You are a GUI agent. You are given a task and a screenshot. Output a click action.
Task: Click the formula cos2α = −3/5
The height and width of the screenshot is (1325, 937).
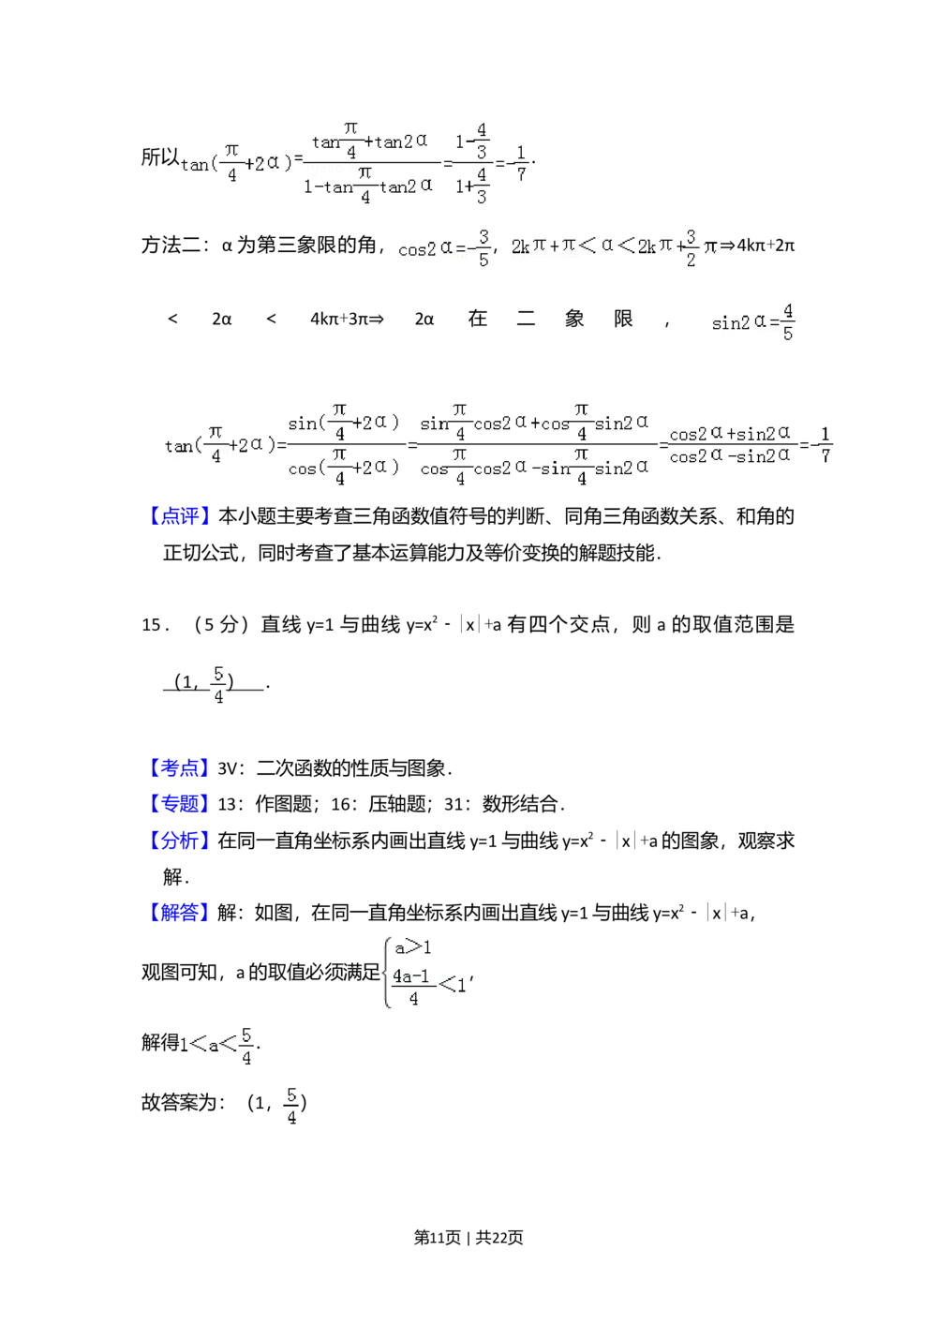tap(441, 247)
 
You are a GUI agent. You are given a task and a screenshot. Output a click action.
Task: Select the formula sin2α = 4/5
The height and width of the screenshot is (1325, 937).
tap(753, 322)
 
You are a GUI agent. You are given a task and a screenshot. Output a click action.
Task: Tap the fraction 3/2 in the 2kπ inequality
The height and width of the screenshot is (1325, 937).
tap(691, 247)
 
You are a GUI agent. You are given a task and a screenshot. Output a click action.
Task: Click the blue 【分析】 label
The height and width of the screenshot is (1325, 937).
tap(179, 840)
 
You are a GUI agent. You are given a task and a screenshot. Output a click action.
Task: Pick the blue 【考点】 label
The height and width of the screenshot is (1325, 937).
tap(179, 768)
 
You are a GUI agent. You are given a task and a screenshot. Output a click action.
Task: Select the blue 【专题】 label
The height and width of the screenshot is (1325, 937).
tap(179, 804)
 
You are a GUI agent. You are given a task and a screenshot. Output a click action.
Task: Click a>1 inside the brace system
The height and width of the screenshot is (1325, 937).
tap(412, 947)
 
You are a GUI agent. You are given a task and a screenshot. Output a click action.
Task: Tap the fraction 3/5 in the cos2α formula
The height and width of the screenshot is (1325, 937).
tap(483, 247)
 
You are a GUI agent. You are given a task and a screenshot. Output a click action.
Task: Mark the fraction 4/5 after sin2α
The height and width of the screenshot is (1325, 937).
tap(788, 322)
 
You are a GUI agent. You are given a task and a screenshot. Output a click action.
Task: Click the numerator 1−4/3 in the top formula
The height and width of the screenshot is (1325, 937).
tap(473, 141)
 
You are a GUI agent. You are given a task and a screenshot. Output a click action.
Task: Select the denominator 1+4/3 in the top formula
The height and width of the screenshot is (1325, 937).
tap(473, 185)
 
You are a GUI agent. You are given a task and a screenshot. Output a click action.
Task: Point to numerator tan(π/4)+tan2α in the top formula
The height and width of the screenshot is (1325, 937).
tap(369, 141)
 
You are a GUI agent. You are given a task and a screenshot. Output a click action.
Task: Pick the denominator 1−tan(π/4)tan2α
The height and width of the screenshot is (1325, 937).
tap(367, 186)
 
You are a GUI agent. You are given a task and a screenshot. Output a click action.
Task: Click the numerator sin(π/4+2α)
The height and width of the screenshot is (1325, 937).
tap(343, 423)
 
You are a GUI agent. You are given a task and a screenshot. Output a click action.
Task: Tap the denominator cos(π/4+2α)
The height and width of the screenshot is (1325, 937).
tap(343, 467)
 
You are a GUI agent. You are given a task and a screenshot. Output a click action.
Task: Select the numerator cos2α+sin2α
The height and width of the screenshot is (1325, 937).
tap(730, 434)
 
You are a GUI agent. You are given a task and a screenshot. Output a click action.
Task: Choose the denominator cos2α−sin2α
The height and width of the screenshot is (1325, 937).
tap(730, 456)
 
